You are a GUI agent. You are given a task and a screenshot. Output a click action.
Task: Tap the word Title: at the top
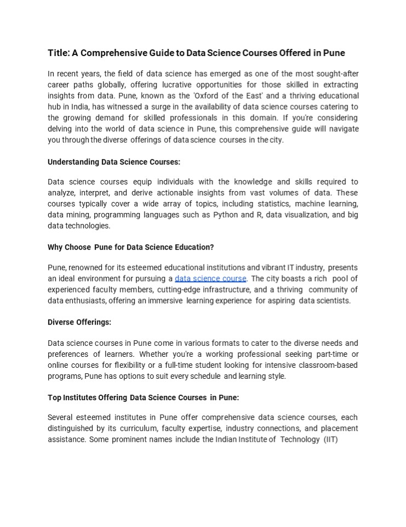(59, 53)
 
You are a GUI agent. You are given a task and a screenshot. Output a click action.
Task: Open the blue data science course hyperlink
(210, 279)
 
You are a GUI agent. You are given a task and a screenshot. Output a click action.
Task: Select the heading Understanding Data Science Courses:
(114, 162)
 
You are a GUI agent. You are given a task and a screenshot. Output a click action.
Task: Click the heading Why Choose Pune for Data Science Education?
(130, 247)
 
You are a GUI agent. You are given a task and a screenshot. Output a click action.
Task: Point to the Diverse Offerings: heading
(79, 322)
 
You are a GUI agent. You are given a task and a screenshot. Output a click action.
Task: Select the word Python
(226, 215)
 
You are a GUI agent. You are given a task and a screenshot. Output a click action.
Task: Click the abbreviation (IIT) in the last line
(331, 440)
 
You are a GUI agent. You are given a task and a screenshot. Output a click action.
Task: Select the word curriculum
(140, 428)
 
